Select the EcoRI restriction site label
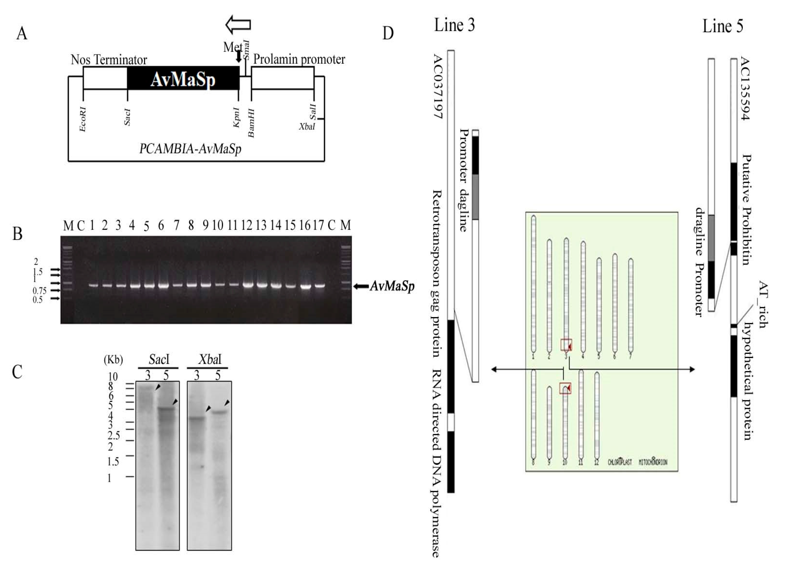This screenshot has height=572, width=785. [83, 119]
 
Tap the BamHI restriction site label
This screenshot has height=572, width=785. [251, 123]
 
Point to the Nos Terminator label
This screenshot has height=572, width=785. [109, 60]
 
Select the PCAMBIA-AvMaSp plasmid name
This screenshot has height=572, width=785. [190, 149]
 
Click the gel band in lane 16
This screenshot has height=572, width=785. [305, 286]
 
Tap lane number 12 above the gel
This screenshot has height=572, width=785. [247, 226]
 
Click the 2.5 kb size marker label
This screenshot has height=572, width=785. [114, 435]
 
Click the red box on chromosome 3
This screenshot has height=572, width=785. [566, 345]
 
